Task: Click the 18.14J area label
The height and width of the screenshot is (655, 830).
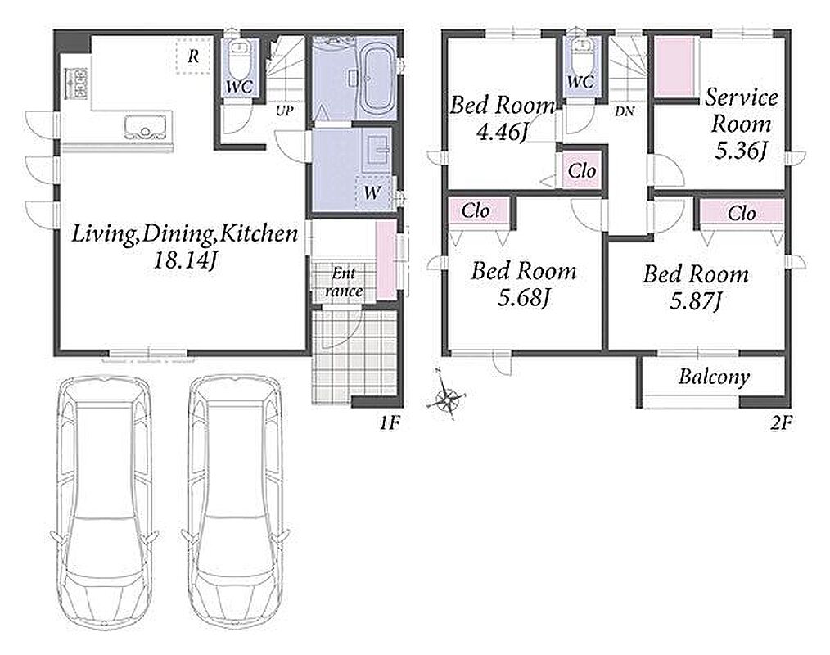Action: click(x=185, y=260)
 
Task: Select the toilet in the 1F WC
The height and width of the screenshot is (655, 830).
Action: click(x=241, y=61)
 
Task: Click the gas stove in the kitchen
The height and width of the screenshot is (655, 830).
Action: click(x=75, y=84)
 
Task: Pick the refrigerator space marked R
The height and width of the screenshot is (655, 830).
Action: click(x=194, y=56)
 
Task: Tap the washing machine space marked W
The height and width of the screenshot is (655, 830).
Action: click(x=372, y=192)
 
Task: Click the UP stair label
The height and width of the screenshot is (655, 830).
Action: click(x=284, y=111)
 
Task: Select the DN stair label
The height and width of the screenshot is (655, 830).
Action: click(x=625, y=111)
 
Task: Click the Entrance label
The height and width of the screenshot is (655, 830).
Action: click(x=344, y=282)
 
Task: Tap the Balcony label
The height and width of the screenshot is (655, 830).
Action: click(x=714, y=377)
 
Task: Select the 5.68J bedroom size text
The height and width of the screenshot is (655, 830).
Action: click(x=523, y=298)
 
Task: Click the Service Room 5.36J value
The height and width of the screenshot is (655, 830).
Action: click(x=741, y=151)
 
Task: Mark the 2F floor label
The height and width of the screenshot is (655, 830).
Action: click(x=780, y=422)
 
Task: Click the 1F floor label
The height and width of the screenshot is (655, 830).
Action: click(x=389, y=422)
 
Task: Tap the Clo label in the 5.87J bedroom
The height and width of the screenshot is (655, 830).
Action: click(x=741, y=214)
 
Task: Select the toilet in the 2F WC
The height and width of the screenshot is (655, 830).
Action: click(x=582, y=55)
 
